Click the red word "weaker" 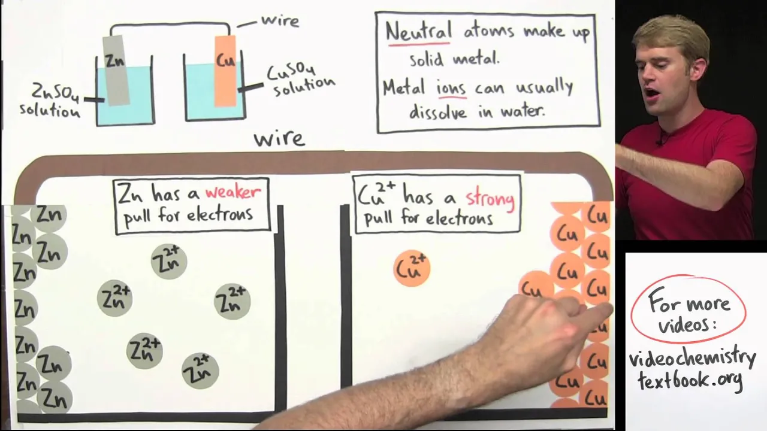tap(233, 193)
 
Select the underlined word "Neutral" tap(418, 31)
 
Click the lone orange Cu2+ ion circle tap(412, 268)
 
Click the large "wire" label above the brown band tap(280, 139)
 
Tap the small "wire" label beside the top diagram tap(280, 22)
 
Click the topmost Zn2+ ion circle tap(168, 261)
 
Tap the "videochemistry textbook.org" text tap(692, 369)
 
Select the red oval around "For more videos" tap(689, 309)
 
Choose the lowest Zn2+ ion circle tap(200, 371)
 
